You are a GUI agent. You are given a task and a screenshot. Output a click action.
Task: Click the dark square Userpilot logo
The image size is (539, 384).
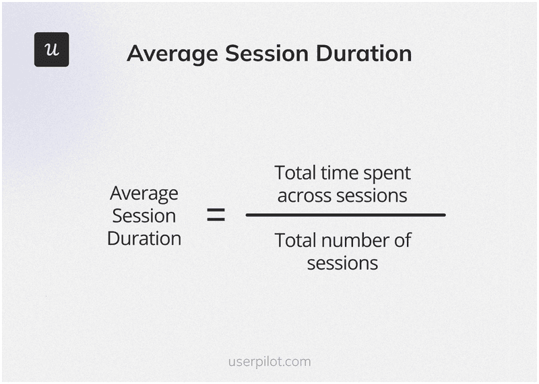click(x=51, y=49)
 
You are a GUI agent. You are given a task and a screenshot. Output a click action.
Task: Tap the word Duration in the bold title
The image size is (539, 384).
click(x=362, y=54)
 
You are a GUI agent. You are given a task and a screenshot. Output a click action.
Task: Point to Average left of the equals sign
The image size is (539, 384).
click(x=144, y=194)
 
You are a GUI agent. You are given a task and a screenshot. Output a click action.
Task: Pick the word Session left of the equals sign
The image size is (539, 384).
click(x=144, y=216)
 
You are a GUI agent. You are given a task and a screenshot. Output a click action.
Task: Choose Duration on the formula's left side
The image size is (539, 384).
click(x=144, y=239)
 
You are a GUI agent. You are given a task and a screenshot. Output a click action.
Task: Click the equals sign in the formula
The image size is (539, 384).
click(x=216, y=215)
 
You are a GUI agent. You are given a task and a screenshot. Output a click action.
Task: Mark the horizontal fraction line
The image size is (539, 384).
click(x=345, y=215)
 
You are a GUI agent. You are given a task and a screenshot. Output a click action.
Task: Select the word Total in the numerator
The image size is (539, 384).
click(x=295, y=173)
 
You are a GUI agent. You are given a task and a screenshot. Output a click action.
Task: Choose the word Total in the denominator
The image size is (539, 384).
click(x=295, y=240)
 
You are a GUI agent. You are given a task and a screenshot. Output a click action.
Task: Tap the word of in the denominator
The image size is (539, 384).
click(x=402, y=240)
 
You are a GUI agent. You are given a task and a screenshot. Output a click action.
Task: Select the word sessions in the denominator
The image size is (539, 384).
click(x=342, y=263)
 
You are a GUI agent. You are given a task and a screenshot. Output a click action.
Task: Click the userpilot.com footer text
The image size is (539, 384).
click(x=269, y=362)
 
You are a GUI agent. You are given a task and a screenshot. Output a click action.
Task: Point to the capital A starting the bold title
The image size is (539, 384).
click(x=135, y=54)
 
